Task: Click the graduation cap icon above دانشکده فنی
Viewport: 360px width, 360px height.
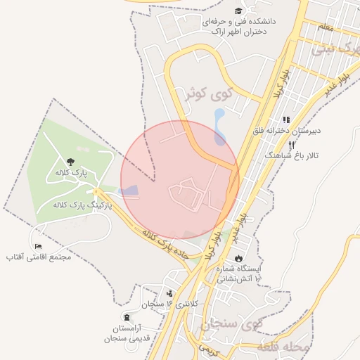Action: tap(238, 11)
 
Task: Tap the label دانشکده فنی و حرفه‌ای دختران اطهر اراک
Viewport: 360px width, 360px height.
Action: tap(239, 27)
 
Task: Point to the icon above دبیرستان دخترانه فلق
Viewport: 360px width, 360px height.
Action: tap(285, 120)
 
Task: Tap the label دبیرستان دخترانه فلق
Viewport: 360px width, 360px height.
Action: tap(287, 131)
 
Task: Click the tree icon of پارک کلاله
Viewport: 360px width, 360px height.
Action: tap(69, 162)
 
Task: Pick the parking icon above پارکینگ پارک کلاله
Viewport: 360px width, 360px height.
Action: tap(96, 191)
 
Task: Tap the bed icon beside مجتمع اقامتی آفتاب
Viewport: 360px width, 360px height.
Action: tap(38, 246)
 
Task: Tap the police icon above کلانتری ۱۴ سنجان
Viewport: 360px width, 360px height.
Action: tap(169, 293)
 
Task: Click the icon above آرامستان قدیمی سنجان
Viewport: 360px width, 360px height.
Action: tap(127, 318)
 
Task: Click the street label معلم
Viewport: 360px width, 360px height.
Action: tap(325, 27)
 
